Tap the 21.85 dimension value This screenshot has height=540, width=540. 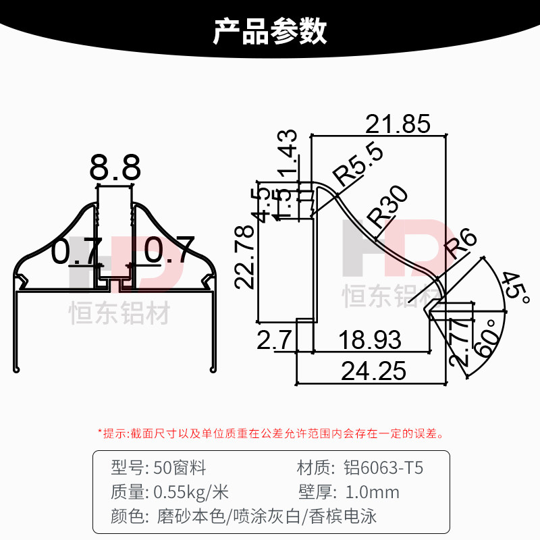coord(398,124)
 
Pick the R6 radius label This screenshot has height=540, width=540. coord(462,244)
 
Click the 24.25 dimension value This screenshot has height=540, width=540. coord(373,371)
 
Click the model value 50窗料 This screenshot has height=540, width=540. coord(180,467)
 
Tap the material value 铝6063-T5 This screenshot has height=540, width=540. coord(384,467)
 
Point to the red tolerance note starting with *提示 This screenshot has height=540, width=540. coord(270,433)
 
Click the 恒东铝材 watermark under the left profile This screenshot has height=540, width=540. coord(120,313)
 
